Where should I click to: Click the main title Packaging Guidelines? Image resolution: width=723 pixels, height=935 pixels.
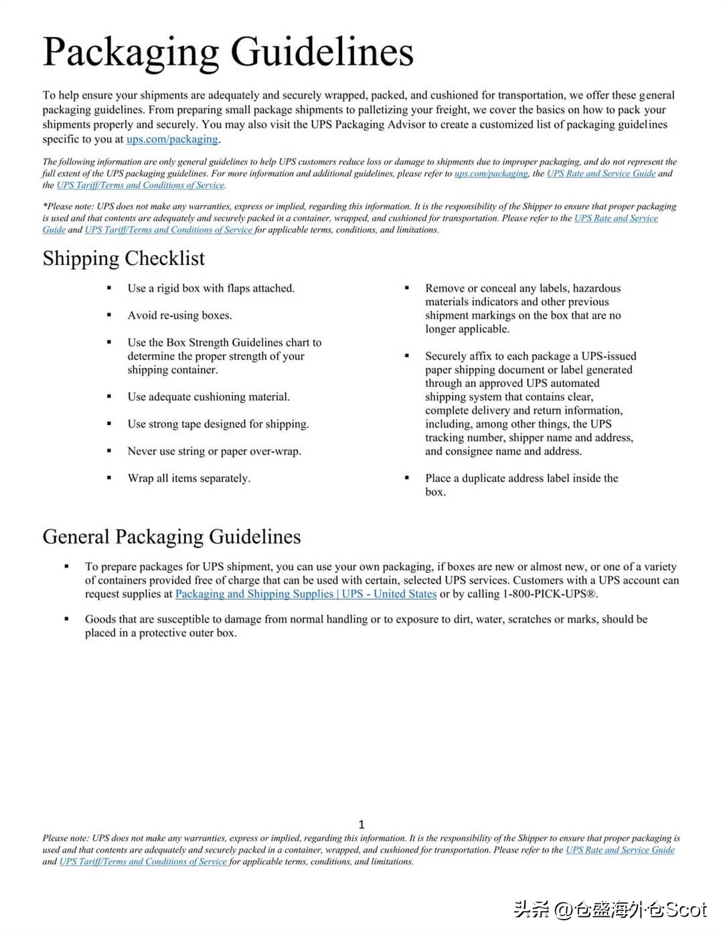coord(228,52)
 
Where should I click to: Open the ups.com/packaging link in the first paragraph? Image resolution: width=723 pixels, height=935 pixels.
coord(172,139)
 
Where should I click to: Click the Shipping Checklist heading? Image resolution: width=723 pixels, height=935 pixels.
coord(124,258)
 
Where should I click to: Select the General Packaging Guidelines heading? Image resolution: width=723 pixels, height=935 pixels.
coord(171,537)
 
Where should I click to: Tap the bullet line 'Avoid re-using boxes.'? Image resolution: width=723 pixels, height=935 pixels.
coord(179,315)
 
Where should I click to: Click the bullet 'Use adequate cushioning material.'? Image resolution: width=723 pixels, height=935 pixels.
coord(208,397)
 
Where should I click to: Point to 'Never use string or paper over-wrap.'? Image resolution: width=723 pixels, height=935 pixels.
coord(214,451)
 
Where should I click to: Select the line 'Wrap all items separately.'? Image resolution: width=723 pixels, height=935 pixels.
coord(189,478)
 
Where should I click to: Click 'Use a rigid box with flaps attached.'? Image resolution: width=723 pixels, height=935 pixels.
coord(211,288)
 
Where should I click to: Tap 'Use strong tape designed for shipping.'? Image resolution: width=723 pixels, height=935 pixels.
coord(218,424)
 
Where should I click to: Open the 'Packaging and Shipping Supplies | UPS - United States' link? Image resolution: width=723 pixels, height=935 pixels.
coord(306,594)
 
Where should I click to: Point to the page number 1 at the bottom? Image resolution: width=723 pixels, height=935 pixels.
coord(361,825)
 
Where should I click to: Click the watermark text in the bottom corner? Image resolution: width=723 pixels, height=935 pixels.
coord(610,910)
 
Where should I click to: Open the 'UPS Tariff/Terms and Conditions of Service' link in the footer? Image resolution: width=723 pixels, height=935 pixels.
coord(143,861)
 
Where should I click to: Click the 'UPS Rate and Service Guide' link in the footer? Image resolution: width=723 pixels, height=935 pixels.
coord(620,850)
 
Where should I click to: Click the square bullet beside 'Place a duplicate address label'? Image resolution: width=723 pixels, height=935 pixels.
coord(407,478)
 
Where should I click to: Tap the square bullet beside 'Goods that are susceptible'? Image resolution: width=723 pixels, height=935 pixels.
coord(66,619)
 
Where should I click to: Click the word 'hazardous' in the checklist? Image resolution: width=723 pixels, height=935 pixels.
coord(596,288)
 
